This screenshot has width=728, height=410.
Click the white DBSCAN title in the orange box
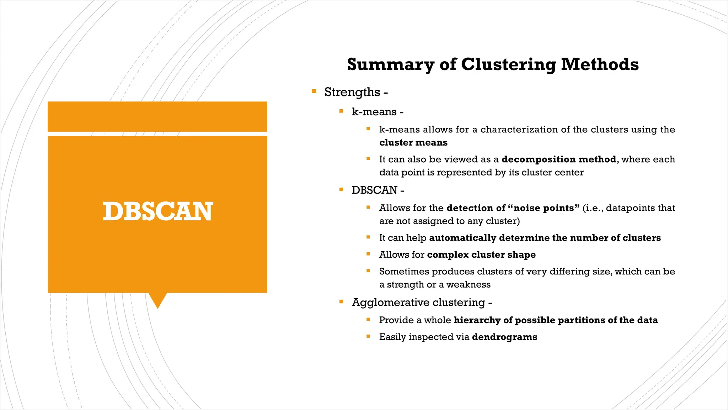158,211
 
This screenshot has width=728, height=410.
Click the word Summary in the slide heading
390,65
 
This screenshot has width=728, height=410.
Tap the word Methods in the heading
600,65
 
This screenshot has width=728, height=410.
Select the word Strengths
352,92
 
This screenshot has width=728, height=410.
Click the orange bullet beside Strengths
314,91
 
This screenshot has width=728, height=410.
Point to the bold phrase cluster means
413,143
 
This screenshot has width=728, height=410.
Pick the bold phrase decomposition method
559,159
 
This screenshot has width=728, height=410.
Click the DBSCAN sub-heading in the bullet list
374,190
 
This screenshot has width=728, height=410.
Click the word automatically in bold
462,238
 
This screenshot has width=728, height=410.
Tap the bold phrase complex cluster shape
481,254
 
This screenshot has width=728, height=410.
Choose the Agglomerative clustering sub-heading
418,303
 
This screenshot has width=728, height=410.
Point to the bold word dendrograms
504,337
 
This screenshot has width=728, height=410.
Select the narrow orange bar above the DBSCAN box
157,116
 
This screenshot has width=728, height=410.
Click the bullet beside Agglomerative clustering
341,302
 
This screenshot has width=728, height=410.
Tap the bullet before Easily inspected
368,336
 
